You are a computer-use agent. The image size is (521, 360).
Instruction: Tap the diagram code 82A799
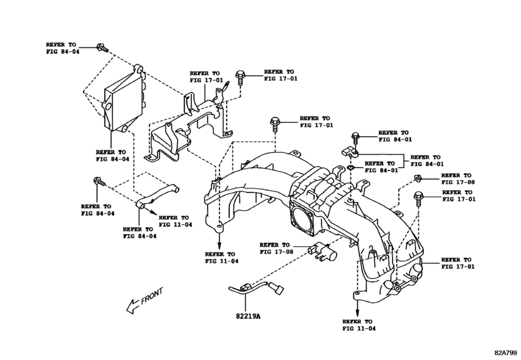tap(506, 352)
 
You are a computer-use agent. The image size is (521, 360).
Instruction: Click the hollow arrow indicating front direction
tap(133, 305)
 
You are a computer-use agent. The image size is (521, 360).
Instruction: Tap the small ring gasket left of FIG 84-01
tap(350, 169)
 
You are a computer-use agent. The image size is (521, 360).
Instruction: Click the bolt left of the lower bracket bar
tap(100, 183)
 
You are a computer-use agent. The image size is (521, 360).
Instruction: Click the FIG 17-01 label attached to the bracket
tap(206, 77)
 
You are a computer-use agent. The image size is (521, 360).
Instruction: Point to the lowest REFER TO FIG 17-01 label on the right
tap(458, 264)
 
